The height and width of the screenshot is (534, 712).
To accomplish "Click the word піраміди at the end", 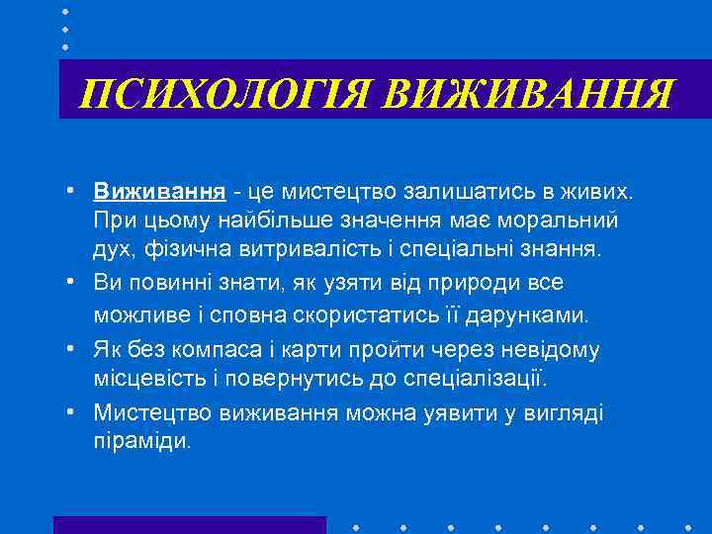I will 142,441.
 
